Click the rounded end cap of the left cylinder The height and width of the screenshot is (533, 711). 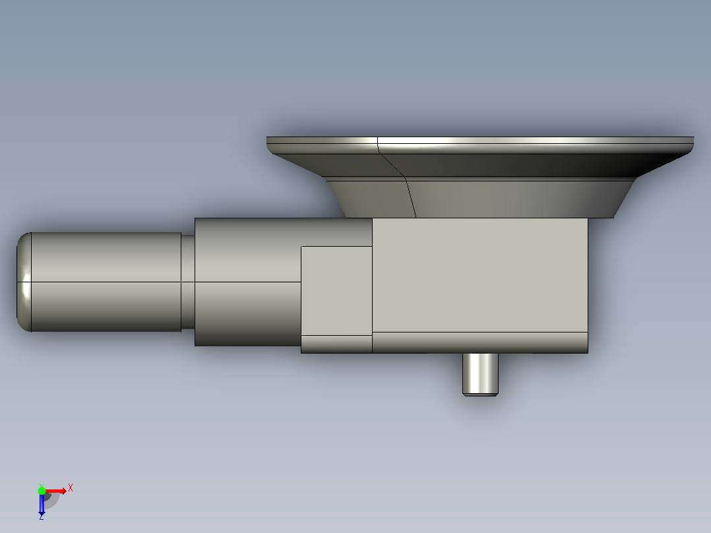(x=24, y=282)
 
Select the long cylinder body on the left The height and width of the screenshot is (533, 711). (x=106, y=282)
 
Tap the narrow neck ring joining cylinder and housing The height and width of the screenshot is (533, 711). (x=188, y=282)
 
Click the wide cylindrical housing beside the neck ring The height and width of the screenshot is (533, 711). (x=247, y=282)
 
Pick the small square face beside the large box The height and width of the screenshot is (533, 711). (x=336, y=291)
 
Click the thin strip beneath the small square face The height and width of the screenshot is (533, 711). (x=336, y=344)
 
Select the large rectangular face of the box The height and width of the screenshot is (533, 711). (x=480, y=275)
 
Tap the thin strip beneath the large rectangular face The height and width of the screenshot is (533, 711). (x=480, y=342)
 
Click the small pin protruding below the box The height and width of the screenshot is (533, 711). (x=480, y=374)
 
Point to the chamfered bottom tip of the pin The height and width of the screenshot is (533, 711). (x=480, y=394)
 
